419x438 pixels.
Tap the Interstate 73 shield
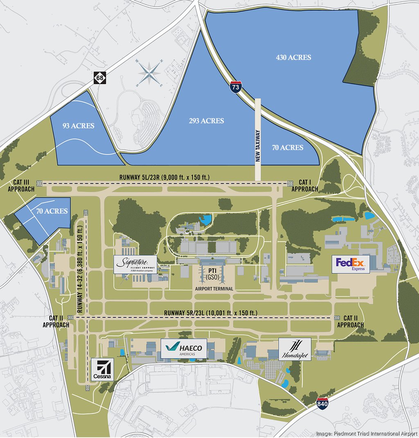tap(235, 87)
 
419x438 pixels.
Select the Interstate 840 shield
tap(322, 403)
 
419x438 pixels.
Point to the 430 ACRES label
tap(293, 57)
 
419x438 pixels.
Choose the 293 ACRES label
tap(206, 121)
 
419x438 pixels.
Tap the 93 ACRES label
tap(78, 126)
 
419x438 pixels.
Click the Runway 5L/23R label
tap(164, 177)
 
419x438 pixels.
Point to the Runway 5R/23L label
tap(211, 313)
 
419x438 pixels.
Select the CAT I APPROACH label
tap(304, 186)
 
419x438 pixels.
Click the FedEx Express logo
tap(351, 264)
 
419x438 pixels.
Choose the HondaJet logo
tap(295, 349)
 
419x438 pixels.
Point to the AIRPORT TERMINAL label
tap(214, 289)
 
